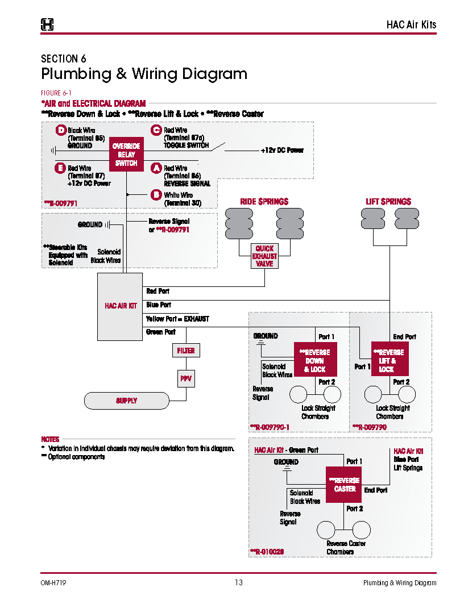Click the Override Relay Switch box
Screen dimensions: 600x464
(126, 155)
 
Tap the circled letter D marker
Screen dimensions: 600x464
(61, 131)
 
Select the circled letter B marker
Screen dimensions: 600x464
(156, 195)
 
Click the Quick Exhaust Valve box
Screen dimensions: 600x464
(264, 256)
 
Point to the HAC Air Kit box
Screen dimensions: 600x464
(120, 306)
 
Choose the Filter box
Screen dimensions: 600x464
(186, 351)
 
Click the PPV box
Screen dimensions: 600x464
(186, 378)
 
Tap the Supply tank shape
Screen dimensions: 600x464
(126, 401)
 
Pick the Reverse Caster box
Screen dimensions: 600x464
(345, 485)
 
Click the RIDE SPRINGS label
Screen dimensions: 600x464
(264, 202)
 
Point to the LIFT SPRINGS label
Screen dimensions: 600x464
(388, 202)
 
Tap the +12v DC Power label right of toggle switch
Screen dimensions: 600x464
(282, 151)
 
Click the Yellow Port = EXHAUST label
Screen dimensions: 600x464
(177, 319)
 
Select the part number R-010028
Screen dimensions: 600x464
(267, 551)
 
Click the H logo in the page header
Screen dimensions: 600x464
(48, 24)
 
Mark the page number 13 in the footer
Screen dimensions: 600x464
(238, 582)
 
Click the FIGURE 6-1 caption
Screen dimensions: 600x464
(56, 93)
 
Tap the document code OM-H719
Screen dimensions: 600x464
(55, 582)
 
